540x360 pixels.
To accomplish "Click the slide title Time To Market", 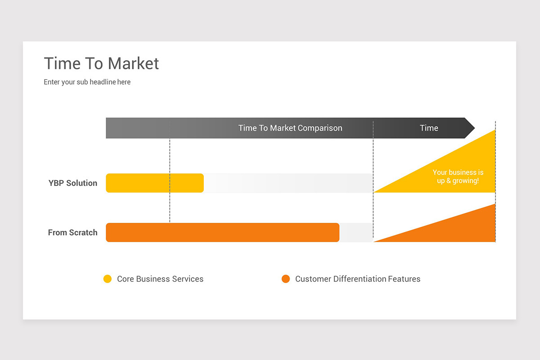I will [101, 63].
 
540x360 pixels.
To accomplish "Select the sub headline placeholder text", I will [87, 82].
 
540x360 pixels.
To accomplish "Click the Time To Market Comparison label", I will [290, 128].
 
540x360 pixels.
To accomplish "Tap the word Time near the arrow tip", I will [429, 128].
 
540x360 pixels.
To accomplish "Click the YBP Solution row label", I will [72, 183].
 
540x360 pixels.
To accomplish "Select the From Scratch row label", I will [72, 233].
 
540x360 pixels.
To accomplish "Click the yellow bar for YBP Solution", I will [154, 183].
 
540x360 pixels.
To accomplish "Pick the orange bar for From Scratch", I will [222, 233].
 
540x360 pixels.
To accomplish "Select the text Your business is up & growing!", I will [458, 176].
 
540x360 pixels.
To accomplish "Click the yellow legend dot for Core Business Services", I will [108, 279].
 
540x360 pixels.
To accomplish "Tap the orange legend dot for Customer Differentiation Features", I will [286, 279].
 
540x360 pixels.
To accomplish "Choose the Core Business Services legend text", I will [160, 279].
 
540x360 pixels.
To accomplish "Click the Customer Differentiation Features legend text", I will [357, 279].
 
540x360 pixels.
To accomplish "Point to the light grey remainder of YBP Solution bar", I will [288, 183].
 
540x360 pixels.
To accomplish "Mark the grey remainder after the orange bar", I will [356, 233].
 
